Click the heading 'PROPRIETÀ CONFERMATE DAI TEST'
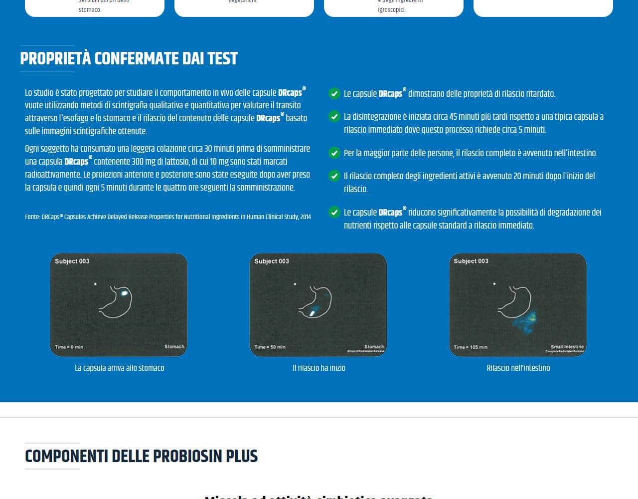(129, 58)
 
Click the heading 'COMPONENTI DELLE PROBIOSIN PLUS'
(141, 456)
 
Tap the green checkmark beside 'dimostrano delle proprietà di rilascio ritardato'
(334, 93)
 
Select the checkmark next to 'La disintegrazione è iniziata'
(334, 117)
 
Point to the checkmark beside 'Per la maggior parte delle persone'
(334, 153)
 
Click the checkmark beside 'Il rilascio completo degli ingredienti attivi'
(334, 176)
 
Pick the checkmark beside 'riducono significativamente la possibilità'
(334, 213)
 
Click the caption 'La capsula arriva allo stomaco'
(119, 368)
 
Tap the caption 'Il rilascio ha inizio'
(319, 368)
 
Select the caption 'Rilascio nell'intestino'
(518, 368)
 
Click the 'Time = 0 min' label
(69, 347)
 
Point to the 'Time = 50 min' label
(270, 347)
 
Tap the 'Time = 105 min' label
(471, 347)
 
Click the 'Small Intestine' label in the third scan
(567, 346)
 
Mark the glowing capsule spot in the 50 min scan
(313, 313)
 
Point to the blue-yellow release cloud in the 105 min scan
(526, 322)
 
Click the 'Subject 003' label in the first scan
(72, 261)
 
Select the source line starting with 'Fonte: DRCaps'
(167, 217)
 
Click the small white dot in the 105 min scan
(494, 284)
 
